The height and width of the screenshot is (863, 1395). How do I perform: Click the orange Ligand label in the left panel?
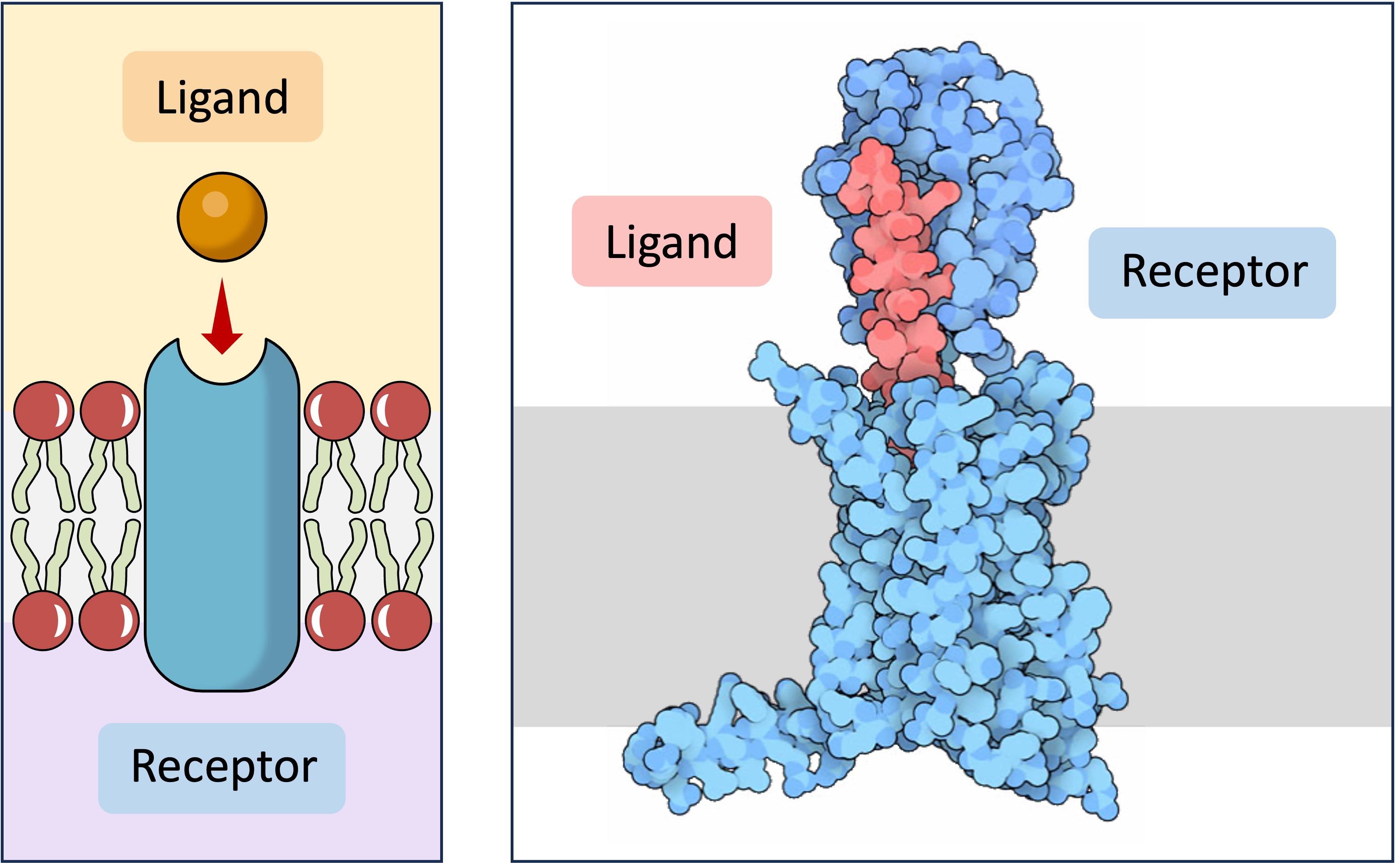click(x=223, y=97)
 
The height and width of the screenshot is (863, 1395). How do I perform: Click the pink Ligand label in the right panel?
click(x=672, y=241)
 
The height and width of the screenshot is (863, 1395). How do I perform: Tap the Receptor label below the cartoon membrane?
click(x=222, y=767)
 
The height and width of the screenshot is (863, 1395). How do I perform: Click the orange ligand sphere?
click(x=222, y=217)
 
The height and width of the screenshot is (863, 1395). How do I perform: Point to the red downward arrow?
click(x=222, y=320)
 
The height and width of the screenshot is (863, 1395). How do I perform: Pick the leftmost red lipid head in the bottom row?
click(x=43, y=621)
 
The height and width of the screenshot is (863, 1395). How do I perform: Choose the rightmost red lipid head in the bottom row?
click(x=402, y=621)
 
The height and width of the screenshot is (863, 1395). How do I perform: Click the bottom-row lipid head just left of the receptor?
click(x=109, y=621)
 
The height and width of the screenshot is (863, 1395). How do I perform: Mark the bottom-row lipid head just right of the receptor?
click(x=336, y=621)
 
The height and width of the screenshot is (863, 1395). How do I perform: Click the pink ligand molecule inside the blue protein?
click(x=896, y=257)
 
